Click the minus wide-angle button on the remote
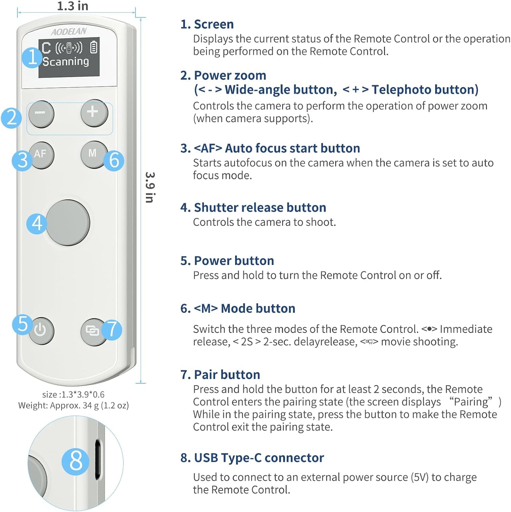click(x=41, y=114)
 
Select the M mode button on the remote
click(x=93, y=154)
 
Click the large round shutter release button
click(x=68, y=222)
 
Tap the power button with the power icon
click(x=41, y=331)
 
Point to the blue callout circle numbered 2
click(x=11, y=118)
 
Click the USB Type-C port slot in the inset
click(x=98, y=460)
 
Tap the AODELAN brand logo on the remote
click(x=69, y=32)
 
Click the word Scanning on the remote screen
click(x=66, y=62)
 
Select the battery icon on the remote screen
click(x=93, y=47)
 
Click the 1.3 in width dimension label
click(x=72, y=6)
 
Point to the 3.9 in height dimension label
click(x=150, y=187)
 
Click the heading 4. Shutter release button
click(x=253, y=208)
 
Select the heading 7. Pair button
click(x=220, y=374)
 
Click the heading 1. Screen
click(x=207, y=24)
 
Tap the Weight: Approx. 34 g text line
click(x=74, y=405)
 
